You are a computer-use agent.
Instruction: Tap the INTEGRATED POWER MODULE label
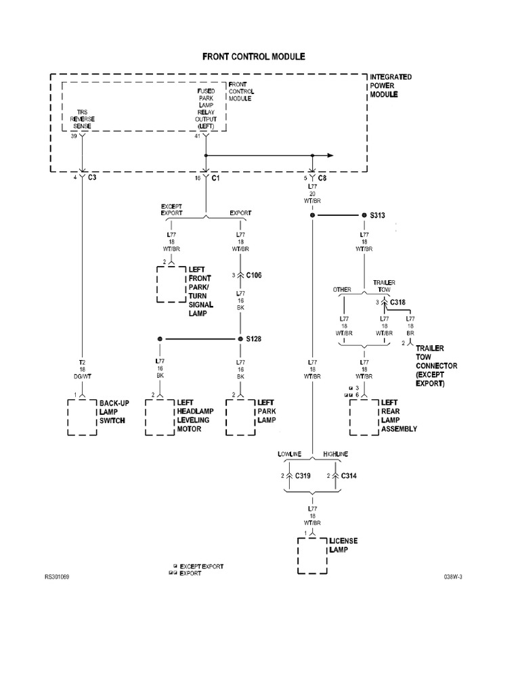point(390,86)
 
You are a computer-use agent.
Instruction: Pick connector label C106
point(253,275)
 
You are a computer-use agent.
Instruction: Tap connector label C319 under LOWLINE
point(302,476)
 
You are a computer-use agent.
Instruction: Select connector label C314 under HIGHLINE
point(349,476)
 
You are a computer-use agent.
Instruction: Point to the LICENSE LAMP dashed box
point(312,555)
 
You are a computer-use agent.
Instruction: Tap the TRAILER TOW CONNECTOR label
point(437,365)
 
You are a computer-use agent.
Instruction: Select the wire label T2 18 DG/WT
point(82,370)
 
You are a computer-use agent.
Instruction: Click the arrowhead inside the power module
point(330,154)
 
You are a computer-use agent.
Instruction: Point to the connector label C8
point(322,177)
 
